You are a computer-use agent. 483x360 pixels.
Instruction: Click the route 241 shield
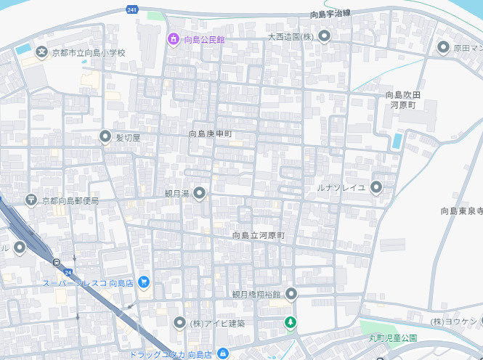(x=131, y=9)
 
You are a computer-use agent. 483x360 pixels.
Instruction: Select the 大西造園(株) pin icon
(x=325, y=36)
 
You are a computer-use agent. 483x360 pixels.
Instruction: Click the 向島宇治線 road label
(x=330, y=14)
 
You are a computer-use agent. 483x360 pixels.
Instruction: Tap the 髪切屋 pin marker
(x=106, y=136)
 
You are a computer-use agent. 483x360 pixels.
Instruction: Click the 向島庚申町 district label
(x=211, y=134)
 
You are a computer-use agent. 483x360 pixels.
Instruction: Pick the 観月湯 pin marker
(x=199, y=193)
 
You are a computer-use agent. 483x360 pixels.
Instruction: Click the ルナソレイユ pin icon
(x=376, y=187)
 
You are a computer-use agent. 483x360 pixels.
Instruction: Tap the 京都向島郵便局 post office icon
(x=31, y=200)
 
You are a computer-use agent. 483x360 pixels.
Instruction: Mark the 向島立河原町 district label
(x=259, y=236)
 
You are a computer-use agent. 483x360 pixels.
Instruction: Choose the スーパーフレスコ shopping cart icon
(x=144, y=282)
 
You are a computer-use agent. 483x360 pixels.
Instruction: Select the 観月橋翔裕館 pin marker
(x=291, y=294)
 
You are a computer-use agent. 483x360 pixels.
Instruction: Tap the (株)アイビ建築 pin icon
(x=180, y=322)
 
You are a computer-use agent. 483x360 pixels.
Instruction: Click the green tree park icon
(x=291, y=322)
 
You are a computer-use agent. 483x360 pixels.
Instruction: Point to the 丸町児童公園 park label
(x=392, y=338)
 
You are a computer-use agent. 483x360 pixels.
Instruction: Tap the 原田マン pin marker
(x=444, y=48)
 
